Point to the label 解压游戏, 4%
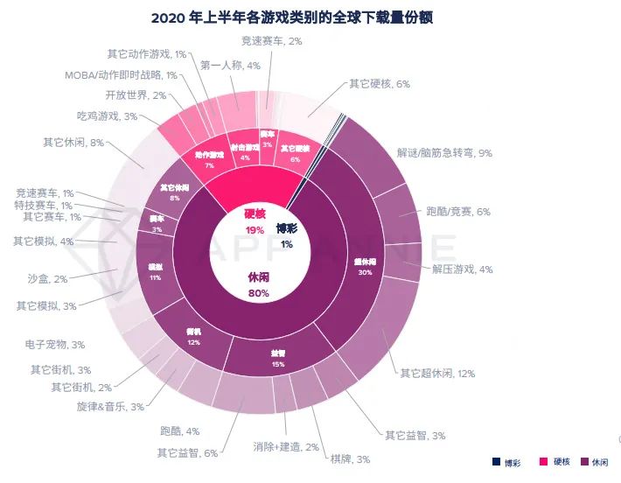click(x=463, y=269)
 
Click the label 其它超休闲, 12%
click(x=437, y=374)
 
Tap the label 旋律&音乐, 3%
click(x=111, y=407)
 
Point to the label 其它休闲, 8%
click(x=73, y=142)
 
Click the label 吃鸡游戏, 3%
click(x=107, y=116)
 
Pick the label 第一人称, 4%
click(x=230, y=65)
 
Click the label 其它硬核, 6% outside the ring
click(x=379, y=84)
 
